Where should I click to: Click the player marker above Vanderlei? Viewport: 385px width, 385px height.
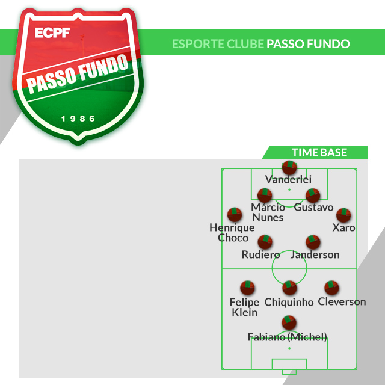(x=289, y=168)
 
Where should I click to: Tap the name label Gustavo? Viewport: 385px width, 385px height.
(x=313, y=207)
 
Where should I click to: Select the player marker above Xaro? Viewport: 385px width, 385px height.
(x=343, y=215)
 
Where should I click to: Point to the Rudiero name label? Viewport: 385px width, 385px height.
(x=260, y=254)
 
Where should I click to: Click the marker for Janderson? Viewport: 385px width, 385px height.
(x=313, y=242)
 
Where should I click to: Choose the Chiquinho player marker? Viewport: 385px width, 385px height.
(x=290, y=288)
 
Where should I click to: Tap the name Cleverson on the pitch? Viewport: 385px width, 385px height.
(x=342, y=301)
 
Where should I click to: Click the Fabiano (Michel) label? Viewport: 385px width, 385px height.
(x=288, y=336)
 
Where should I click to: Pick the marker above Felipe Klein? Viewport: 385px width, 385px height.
(x=247, y=288)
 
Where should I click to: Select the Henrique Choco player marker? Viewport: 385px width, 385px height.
(x=235, y=215)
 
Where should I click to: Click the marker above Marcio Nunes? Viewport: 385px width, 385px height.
(x=265, y=196)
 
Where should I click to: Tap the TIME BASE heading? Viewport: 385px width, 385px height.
(x=319, y=153)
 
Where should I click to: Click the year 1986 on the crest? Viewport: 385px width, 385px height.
(x=79, y=119)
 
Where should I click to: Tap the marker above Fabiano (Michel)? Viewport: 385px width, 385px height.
(x=289, y=322)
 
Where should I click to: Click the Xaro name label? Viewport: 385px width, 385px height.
(x=343, y=227)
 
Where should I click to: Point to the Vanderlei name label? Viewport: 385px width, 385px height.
(x=289, y=179)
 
